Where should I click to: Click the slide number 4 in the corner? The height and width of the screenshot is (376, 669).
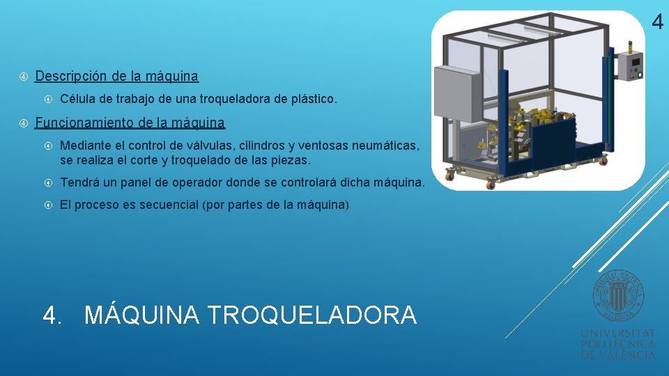pyautogui.click(x=658, y=23)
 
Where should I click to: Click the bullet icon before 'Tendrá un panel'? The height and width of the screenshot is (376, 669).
pyautogui.click(x=49, y=183)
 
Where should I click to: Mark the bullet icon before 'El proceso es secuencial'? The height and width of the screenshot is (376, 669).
pyautogui.click(x=49, y=205)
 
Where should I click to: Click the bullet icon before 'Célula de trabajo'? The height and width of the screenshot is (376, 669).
pyautogui.click(x=49, y=100)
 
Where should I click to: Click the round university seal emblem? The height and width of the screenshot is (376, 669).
pyautogui.click(x=618, y=296)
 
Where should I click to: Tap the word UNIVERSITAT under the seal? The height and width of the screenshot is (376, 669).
pyautogui.click(x=618, y=334)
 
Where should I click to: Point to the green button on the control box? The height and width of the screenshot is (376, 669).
pyautogui.click(x=638, y=75)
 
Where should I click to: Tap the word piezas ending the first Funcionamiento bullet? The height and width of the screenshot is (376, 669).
pyautogui.click(x=293, y=161)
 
